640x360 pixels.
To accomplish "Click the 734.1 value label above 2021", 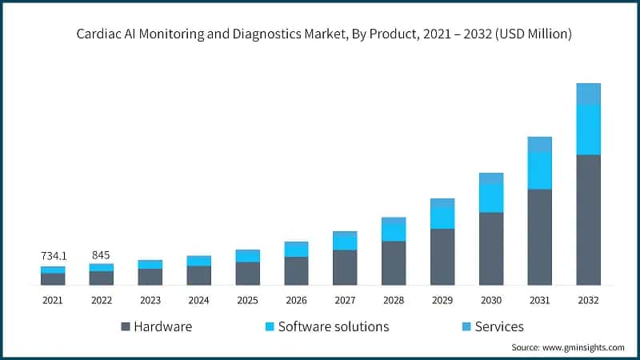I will (53, 256).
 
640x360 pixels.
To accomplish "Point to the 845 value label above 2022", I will (101, 255).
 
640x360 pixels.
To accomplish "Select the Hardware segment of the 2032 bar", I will (588, 220).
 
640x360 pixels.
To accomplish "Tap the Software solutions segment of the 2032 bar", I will (588, 130).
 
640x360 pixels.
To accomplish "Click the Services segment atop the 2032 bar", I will (588, 94).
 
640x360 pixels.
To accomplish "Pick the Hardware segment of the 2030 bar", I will (491, 249).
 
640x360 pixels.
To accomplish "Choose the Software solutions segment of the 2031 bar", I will (539, 170).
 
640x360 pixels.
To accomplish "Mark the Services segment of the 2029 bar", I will (442, 202).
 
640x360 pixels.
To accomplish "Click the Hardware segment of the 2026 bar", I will (296, 271).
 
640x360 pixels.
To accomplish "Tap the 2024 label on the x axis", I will (198, 300).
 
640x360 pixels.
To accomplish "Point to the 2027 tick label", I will (345, 300).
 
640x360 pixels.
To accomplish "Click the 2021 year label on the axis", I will (53, 300).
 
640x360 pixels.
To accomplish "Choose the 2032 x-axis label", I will (588, 300).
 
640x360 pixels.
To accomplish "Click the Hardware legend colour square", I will (126, 327).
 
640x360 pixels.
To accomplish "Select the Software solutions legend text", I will (334, 326).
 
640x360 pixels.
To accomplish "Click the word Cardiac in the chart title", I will (100, 34).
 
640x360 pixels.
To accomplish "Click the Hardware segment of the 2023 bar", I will (150, 277).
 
